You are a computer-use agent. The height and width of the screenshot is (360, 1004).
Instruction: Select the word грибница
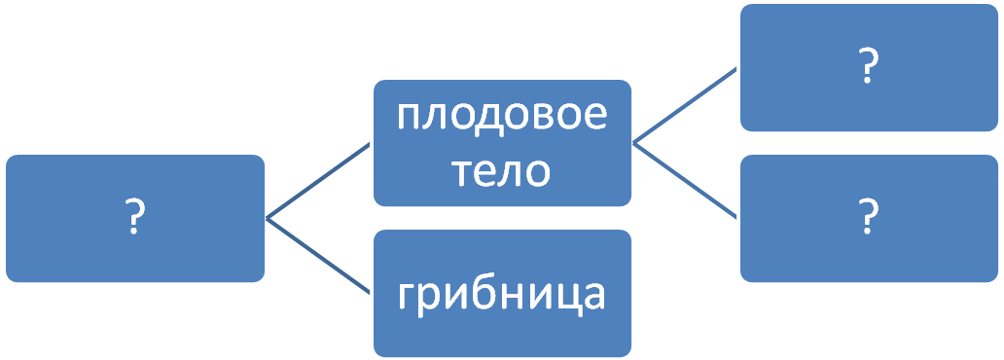click(501, 297)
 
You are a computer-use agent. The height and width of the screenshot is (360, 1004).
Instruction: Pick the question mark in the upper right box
click(868, 66)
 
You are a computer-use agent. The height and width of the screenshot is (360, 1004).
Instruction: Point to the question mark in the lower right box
click(868, 216)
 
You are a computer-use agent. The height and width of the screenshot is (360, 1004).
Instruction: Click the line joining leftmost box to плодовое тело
click(318, 181)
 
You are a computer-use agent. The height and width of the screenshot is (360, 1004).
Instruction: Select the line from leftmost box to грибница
click(318, 256)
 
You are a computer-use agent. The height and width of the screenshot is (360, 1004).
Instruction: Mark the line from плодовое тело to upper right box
click(685, 105)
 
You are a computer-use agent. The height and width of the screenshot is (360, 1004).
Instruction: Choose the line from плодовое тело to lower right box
click(685, 181)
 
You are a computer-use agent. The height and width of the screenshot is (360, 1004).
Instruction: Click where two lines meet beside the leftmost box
click(267, 219)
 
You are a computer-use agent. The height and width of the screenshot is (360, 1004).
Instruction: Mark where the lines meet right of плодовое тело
click(634, 143)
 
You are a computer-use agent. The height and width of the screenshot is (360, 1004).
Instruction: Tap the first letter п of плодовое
click(409, 116)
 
